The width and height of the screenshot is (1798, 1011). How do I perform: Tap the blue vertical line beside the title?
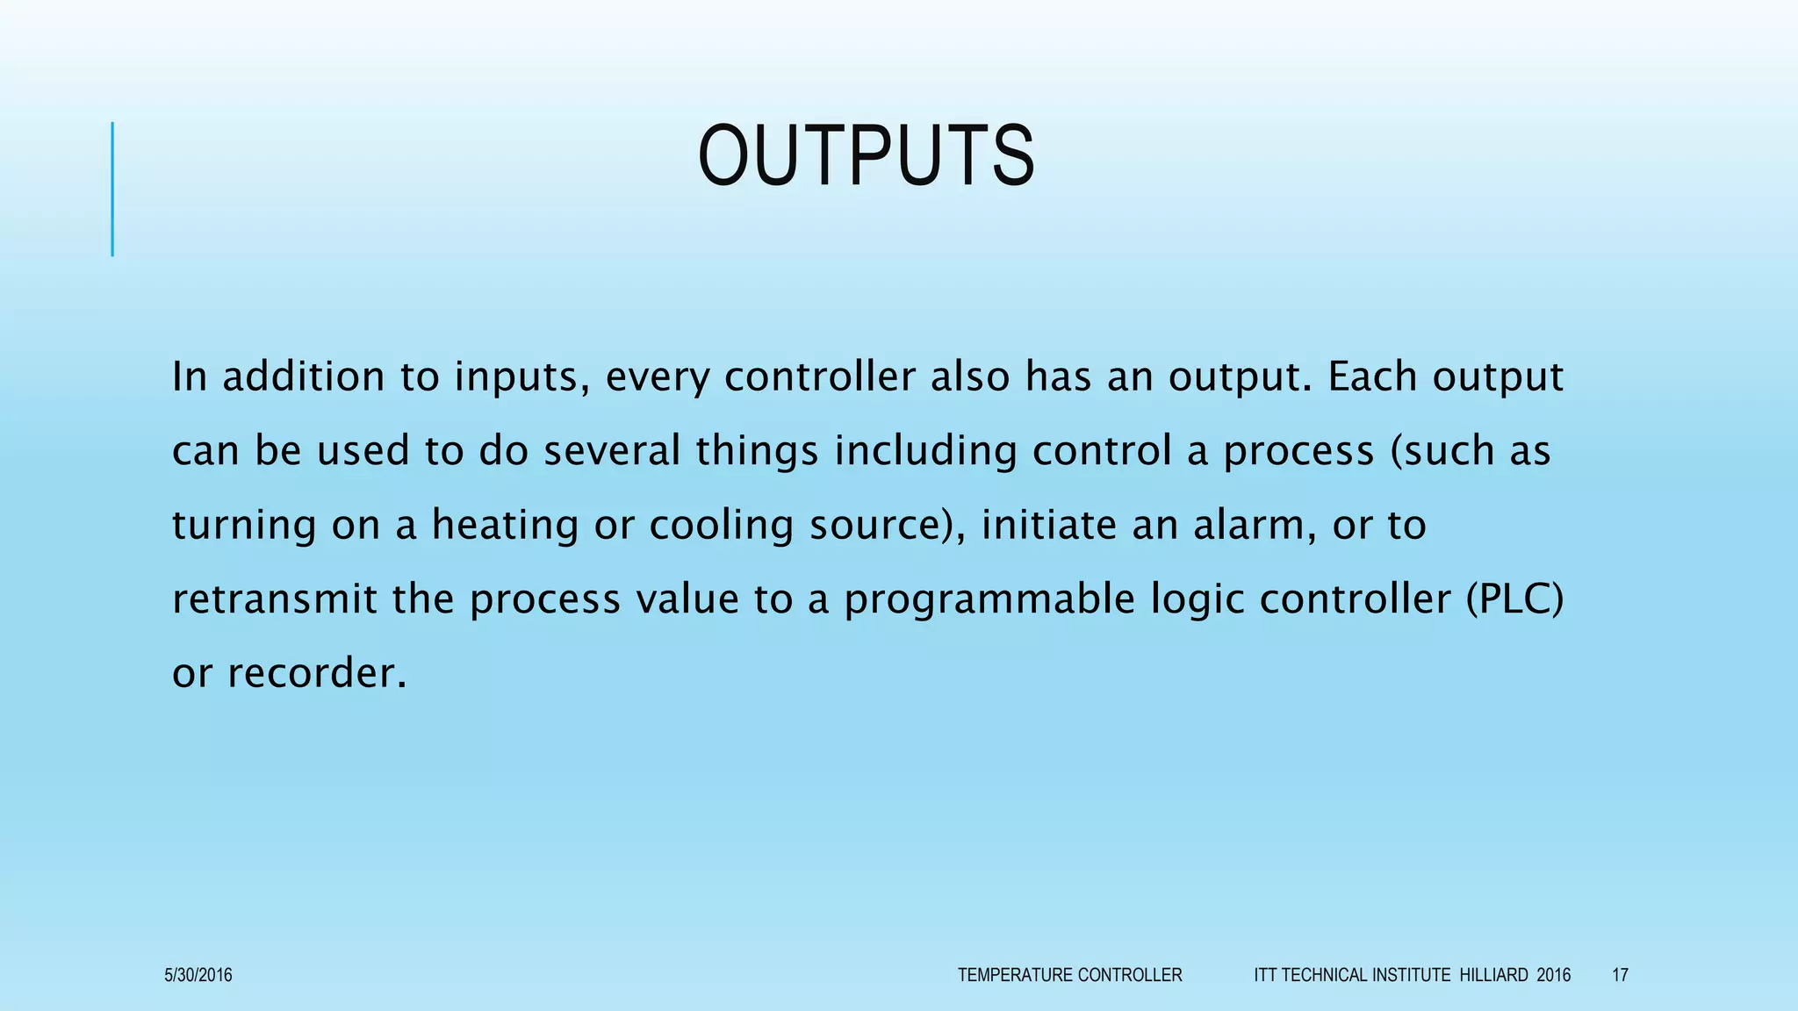coord(112,189)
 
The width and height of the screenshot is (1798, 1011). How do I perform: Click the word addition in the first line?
coord(303,376)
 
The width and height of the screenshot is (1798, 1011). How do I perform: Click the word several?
coord(612,451)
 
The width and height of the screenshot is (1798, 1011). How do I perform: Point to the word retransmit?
coord(274,599)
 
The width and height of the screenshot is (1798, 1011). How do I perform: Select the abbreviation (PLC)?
coord(1515,599)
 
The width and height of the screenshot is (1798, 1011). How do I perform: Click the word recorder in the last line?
coord(317,674)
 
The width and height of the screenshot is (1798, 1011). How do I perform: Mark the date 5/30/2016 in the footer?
coord(198,975)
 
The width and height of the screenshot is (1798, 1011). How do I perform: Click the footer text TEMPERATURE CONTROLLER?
coord(1069,975)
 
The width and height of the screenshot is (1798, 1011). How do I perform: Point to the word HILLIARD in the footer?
coord(1493,975)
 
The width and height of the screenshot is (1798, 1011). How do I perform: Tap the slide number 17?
coord(1620,975)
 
